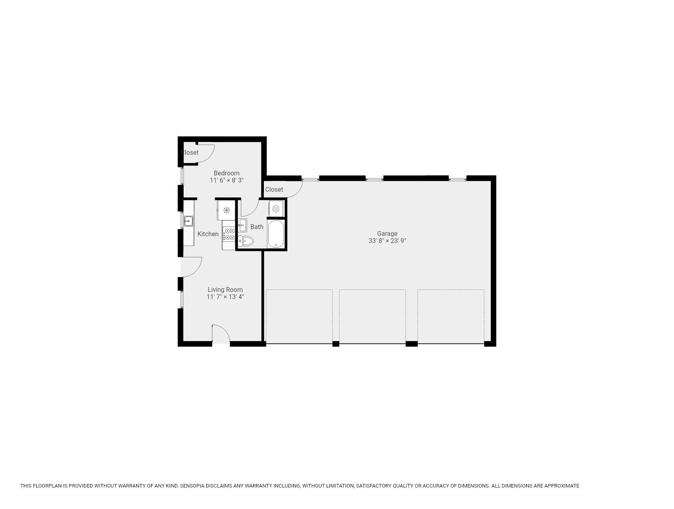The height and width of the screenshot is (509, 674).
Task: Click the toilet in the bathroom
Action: click(246, 241)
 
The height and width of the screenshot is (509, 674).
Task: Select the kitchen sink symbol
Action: click(188, 221)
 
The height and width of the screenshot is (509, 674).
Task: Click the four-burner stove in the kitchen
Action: click(229, 234)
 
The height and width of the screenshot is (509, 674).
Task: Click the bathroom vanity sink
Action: click(242, 225)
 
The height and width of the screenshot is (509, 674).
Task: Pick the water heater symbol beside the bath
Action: click(276, 208)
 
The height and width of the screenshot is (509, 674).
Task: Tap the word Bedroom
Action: click(227, 173)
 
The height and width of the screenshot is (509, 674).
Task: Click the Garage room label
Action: click(387, 233)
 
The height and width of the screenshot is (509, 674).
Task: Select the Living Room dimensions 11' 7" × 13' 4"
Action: click(225, 297)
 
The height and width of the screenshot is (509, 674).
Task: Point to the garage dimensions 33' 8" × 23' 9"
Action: click(387, 241)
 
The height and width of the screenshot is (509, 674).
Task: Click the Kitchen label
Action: click(208, 234)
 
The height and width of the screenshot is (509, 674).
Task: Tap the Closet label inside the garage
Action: click(274, 189)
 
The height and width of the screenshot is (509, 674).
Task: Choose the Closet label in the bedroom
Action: click(190, 152)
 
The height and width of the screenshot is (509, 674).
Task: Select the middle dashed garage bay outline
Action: click(372, 316)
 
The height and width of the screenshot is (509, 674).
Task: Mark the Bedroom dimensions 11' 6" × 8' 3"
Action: click(227, 180)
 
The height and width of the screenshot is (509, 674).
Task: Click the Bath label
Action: click(257, 227)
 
